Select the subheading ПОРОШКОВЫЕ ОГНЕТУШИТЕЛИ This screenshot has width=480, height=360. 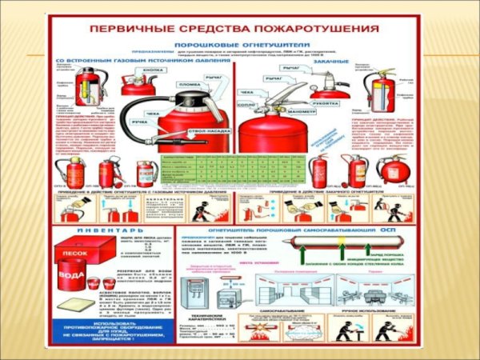[x=246, y=46]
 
